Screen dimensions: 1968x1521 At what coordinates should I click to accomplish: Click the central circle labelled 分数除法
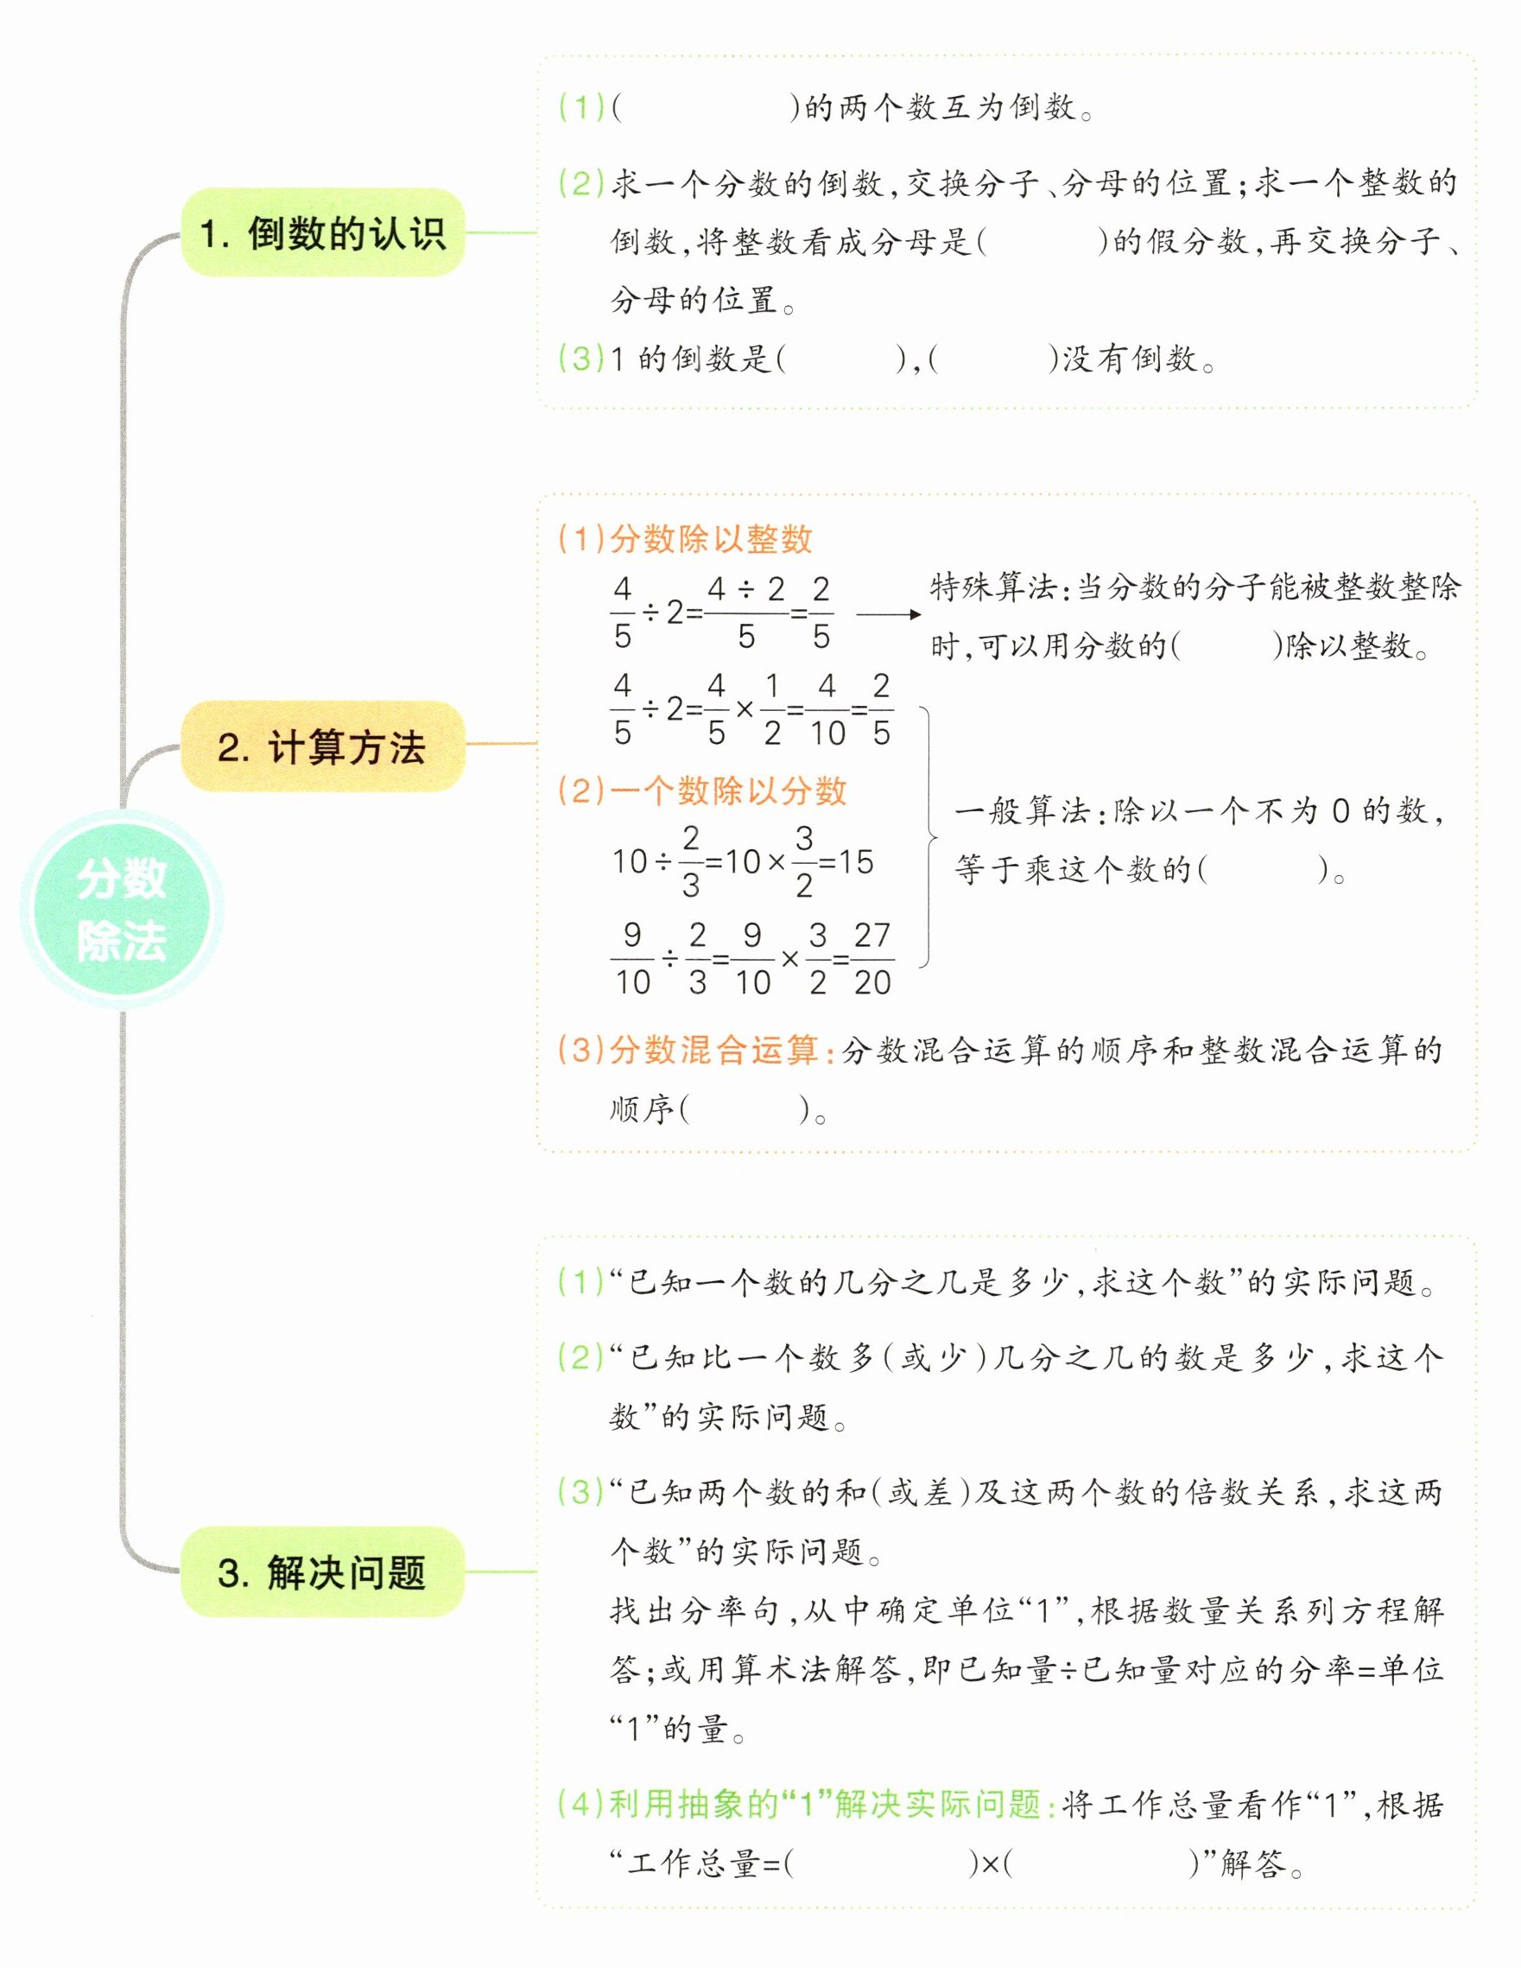(x=122, y=909)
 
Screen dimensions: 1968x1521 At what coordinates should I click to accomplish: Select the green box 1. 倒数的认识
(x=322, y=232)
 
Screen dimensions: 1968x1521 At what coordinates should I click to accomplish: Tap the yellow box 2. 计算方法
(x=322, y=747)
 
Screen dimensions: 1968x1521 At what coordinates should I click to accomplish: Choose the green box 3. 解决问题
(x=322, y=1572)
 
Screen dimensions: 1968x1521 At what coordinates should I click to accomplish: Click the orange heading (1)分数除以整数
(x=685, y=539)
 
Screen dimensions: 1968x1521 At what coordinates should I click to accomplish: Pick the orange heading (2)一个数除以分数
(x=703, y=790)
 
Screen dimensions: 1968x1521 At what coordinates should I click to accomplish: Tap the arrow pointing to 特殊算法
(x=889, y=614)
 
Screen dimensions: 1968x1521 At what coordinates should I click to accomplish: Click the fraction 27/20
(x=872, y=959)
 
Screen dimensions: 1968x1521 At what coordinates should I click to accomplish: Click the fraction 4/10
(x=827, y=710)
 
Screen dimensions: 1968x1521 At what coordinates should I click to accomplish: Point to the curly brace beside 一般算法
(x=928, y=837)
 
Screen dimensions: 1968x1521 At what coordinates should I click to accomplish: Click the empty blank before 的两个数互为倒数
(x=705, y=108)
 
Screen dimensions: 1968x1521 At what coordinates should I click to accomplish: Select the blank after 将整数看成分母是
(x=1042, y=242)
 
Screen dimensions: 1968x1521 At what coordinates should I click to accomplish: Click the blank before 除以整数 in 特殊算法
(x=1226, y=646)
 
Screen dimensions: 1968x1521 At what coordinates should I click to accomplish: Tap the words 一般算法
(x=1022, y=812)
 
